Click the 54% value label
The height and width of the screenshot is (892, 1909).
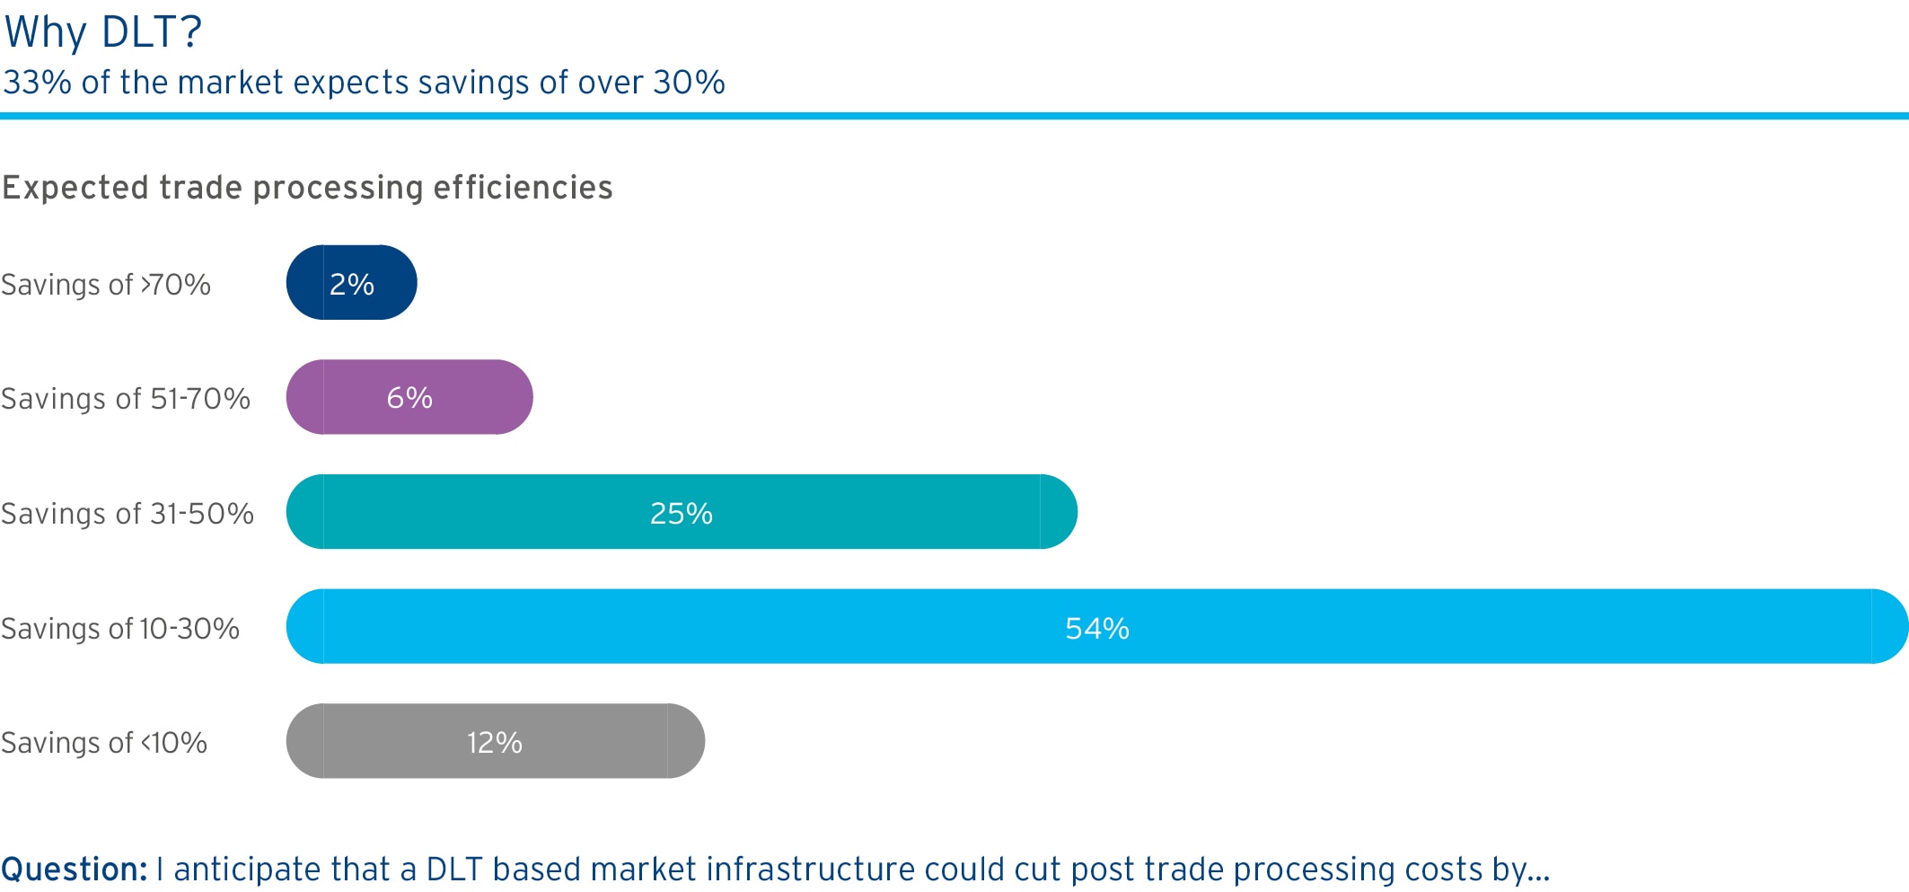click(1097, 628)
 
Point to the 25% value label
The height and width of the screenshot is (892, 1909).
click(682, 513)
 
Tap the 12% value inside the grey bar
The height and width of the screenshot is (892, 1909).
click(495, 742)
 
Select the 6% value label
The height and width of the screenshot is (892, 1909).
click(409, 398)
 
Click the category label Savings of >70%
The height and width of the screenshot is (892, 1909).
click(106, 285)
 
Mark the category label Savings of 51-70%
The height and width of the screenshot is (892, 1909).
click(126, 399)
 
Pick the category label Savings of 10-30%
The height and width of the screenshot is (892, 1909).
click(120, 629)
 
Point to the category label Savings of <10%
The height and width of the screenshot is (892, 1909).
click(104, 743)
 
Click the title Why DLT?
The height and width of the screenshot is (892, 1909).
click(103, 32)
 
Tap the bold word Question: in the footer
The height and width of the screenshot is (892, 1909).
click(75, 870)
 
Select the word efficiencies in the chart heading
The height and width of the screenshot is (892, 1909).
click(523, 188)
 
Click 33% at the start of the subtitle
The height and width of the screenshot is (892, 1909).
click(38, 83)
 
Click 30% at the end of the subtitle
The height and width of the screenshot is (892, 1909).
click(689, 83)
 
